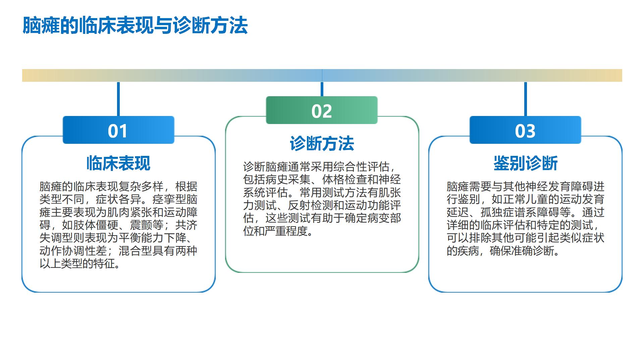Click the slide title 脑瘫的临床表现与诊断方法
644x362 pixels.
135,25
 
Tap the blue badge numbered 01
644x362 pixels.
118,130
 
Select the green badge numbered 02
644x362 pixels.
322,110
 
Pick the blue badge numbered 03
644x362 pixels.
525,130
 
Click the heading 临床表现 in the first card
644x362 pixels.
118,163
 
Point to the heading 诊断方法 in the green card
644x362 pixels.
322,143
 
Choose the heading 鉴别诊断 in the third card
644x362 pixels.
525,163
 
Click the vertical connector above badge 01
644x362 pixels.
118,99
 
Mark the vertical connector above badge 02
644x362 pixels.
322,89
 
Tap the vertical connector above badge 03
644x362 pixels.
525,99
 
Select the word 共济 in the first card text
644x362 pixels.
186,225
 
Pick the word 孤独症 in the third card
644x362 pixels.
497,212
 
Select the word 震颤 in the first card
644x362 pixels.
141,225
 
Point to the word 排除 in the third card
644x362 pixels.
480,238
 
